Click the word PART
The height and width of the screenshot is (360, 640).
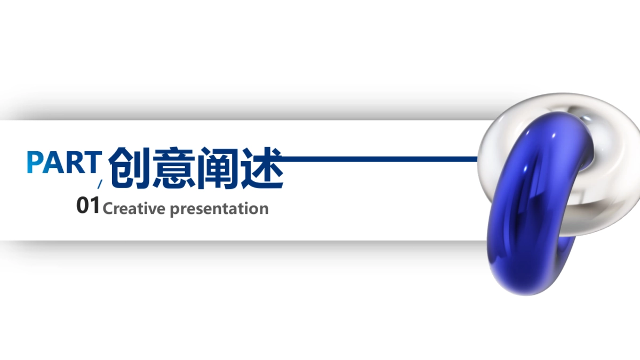pyautogui.click(x=63, y=162)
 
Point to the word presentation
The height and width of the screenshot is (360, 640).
pyautogui.click(x=219, y=209)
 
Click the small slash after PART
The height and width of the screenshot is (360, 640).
pyautogui.click(x=99, y=185)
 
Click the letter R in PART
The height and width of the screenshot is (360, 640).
pyautogui.click(x=74, y=162)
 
